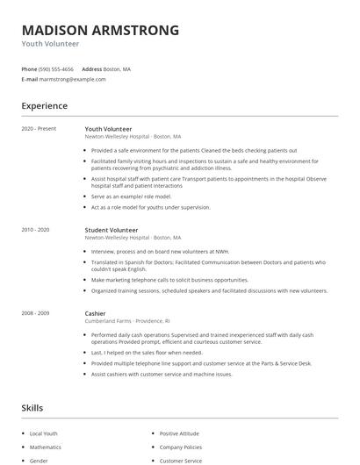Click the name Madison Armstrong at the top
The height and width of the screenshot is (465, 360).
[x=100, y=30]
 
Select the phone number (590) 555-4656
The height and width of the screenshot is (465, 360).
[x=57, y=68]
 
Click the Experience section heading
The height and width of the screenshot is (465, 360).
[x=45, y=106]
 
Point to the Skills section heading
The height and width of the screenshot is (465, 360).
[x=32, y=408]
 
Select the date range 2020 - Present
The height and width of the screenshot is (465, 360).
[x=39, y=129]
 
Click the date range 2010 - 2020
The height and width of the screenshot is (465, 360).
[x=36, y=230]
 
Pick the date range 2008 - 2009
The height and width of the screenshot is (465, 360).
[x=36, y=313]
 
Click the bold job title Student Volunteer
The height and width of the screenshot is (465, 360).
[x=112, y=230]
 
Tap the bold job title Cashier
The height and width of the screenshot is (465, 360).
[x=96, y=313]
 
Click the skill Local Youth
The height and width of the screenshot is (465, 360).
[x=44, y=433]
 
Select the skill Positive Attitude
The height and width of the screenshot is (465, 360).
[x=178, y=433]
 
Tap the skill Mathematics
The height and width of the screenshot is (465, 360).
[x=46, y=447]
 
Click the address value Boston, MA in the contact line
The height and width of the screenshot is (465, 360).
[x=118, y=68]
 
